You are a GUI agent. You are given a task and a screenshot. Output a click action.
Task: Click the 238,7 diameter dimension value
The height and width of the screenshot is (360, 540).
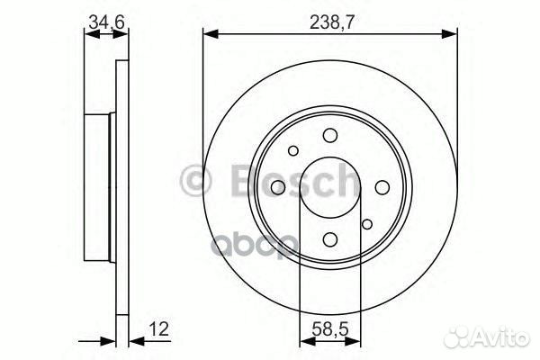[x=328, y=20]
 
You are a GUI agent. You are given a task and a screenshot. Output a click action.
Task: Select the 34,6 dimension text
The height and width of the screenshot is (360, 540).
[x=106, y=20]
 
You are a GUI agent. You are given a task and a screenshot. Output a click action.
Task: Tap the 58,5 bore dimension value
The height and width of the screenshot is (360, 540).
[x=328, y=329]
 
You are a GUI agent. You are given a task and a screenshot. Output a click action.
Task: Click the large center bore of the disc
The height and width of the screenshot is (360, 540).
[x=329, y=186]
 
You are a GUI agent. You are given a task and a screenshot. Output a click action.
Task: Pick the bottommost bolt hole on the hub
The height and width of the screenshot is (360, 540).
[x=329, y=238]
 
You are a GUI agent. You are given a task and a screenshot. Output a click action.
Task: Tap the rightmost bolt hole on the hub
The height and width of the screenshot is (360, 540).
[x=382, y=186]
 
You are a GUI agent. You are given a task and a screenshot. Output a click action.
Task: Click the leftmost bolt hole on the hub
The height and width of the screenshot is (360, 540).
[x=277, y=186]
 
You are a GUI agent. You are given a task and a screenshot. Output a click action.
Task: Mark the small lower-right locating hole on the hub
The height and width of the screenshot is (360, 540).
[x=366, y=224]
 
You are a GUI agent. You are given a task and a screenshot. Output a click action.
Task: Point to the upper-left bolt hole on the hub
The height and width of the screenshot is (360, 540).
[x=292, y=150]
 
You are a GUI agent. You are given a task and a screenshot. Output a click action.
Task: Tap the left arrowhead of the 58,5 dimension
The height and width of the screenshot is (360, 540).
[x=303, y=343]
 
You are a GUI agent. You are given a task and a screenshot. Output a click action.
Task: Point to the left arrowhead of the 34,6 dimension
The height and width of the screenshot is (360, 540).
[x=88, y=34]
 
